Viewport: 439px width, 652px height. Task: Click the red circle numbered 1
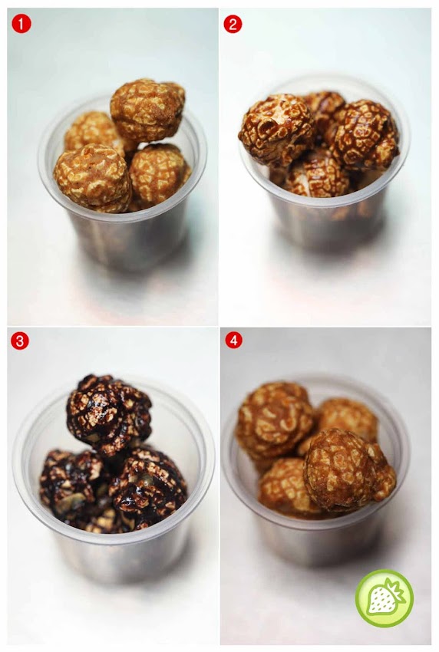[21, 25]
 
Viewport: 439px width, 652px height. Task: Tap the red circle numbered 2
[233, 25]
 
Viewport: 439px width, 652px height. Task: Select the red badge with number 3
[20, 341]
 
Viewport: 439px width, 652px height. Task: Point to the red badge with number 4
[233, 341]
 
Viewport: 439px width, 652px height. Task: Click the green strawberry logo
[384, 598]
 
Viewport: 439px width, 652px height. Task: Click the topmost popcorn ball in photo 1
[147, 110]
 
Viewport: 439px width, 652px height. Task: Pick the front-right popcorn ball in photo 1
[159, 175]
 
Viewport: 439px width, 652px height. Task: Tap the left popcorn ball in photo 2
[276, 129]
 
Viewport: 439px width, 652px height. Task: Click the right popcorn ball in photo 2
[365, 134]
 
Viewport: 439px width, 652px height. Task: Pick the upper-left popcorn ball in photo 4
[275, 420]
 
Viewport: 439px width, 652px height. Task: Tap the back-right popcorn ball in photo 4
[348, 418]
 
